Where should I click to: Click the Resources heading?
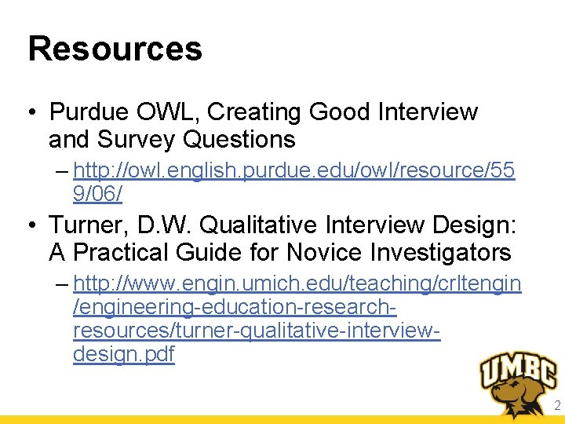[x=115, y=49]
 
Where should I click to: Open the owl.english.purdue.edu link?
[x=294, y=170]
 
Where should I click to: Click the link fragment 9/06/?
[x=97, y=192]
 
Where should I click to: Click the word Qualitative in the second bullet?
[x=262, y=225]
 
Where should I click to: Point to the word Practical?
[x=130, y=253]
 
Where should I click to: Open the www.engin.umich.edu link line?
[x=297, y=283]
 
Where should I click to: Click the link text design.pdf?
[x=123, y=354]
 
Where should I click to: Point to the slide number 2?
[x=556, y=406]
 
